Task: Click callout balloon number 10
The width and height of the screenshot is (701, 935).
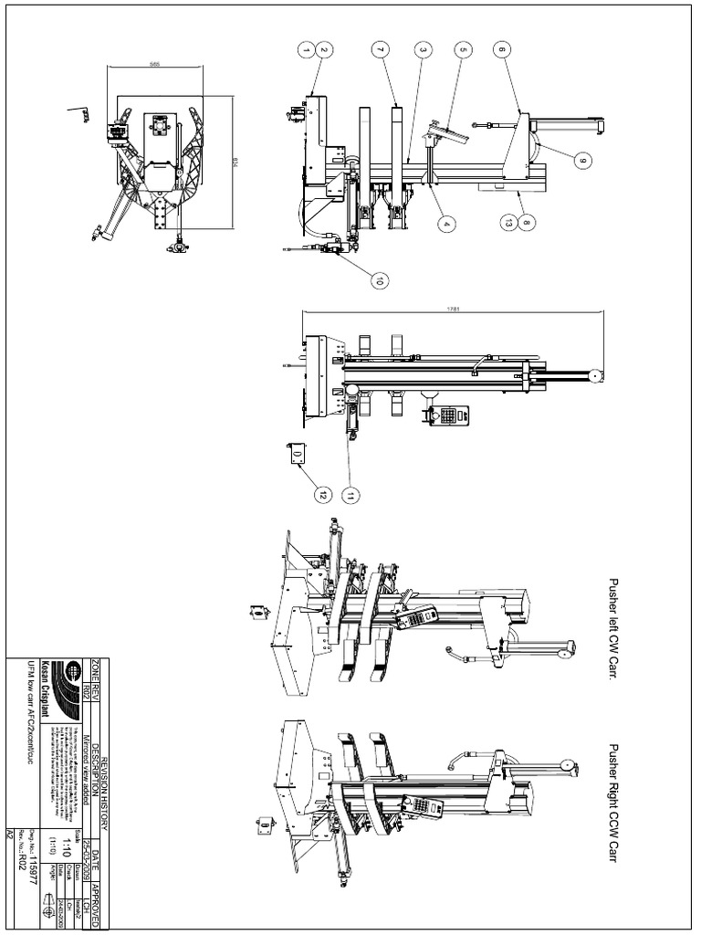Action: coord(377,280)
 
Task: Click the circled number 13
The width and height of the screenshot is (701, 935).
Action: coord(508,220)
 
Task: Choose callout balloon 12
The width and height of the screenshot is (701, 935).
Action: coord(321,494)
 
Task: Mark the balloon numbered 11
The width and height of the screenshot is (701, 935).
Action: coord(351,494)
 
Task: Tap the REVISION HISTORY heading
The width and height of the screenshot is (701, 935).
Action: coord(105,786)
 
